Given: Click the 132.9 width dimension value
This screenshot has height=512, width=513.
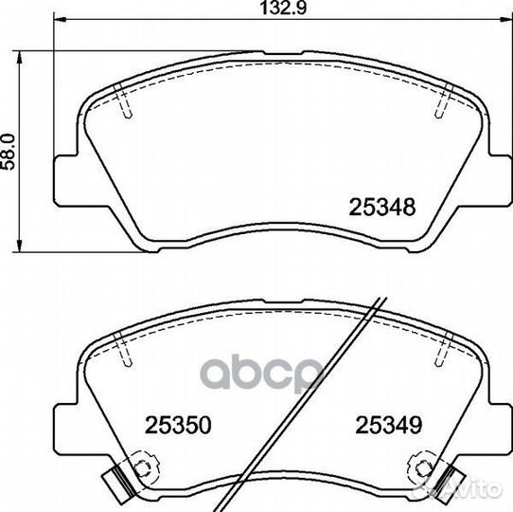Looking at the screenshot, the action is (283, 9).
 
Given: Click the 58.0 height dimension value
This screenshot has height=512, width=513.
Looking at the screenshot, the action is (9, 151).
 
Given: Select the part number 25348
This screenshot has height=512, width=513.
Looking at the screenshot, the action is (382, 207).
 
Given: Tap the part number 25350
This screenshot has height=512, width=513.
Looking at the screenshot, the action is (178, 425).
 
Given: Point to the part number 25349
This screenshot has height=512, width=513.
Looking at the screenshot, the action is (389, 425).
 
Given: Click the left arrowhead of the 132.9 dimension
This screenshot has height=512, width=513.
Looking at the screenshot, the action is (60, 20).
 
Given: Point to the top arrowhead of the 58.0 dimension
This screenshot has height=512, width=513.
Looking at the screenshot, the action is (20, 57).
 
